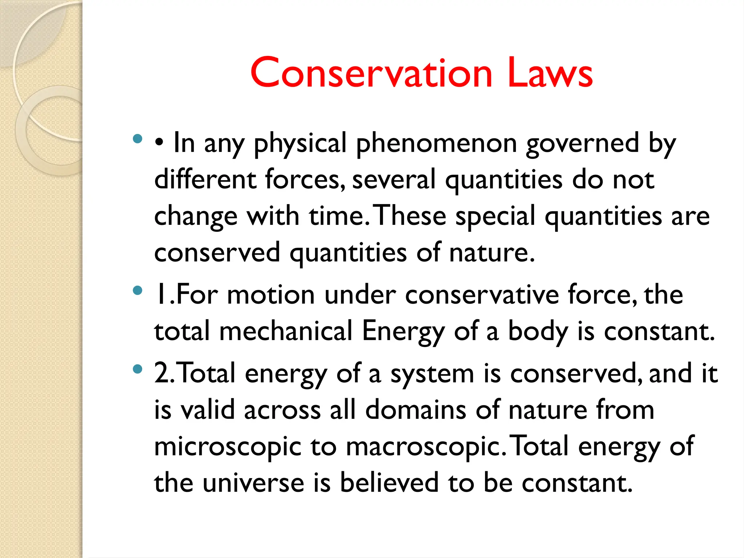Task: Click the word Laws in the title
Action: point(550,73)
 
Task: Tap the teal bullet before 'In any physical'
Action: point(137,139)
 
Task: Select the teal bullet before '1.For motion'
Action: point(137,290)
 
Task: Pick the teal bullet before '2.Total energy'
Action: point(137,369)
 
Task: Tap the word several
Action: point(394,180)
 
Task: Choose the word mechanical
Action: point(286,331)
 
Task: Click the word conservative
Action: point(482,295)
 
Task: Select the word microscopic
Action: point(228,447)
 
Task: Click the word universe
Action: point(253,483)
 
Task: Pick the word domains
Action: point(416,410)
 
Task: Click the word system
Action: point(432,374)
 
